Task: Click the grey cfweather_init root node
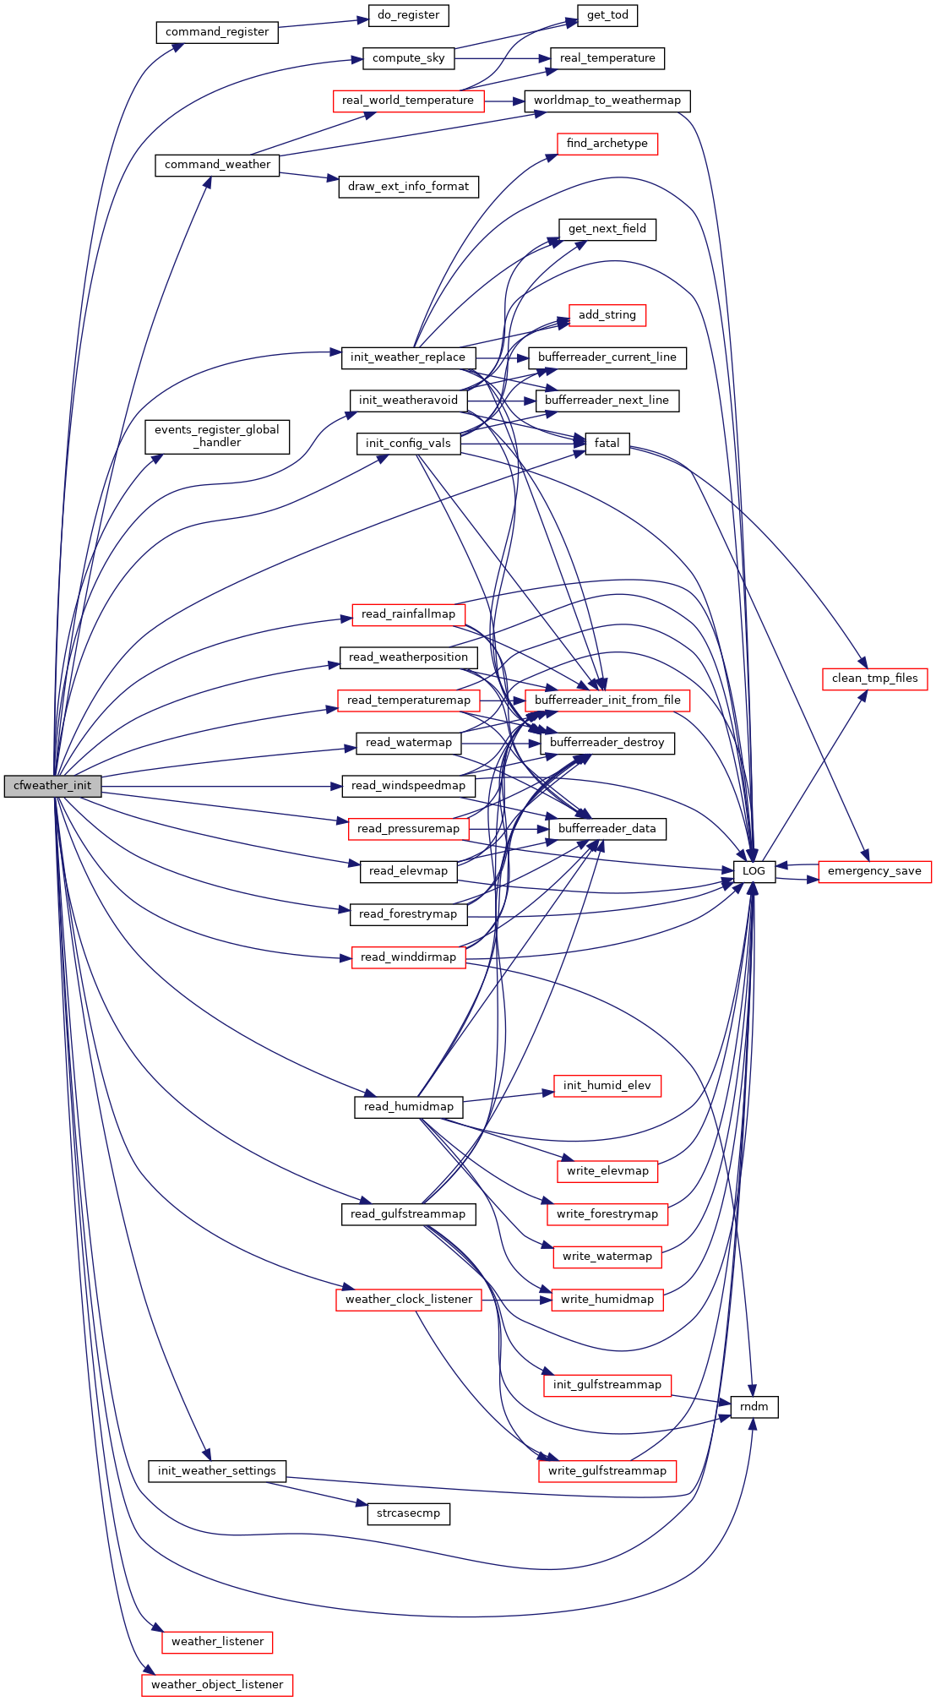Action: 52,786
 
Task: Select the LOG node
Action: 754,871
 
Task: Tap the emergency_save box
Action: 874,871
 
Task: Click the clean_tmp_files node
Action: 874,679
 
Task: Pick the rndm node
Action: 754,1407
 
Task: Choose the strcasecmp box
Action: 408,1513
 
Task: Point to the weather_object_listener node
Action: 217,1685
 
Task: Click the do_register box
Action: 408,15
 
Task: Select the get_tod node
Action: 607,15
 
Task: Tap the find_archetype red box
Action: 607,144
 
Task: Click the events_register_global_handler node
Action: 217,436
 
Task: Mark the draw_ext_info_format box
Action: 408,187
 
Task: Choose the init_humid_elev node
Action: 607,1086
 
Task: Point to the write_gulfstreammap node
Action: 607,1471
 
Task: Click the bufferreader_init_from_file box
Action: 607,701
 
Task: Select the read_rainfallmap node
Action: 408,614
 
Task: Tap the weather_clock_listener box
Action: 409,1300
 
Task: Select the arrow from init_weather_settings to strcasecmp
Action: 317,1492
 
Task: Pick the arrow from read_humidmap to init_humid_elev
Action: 508,1097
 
